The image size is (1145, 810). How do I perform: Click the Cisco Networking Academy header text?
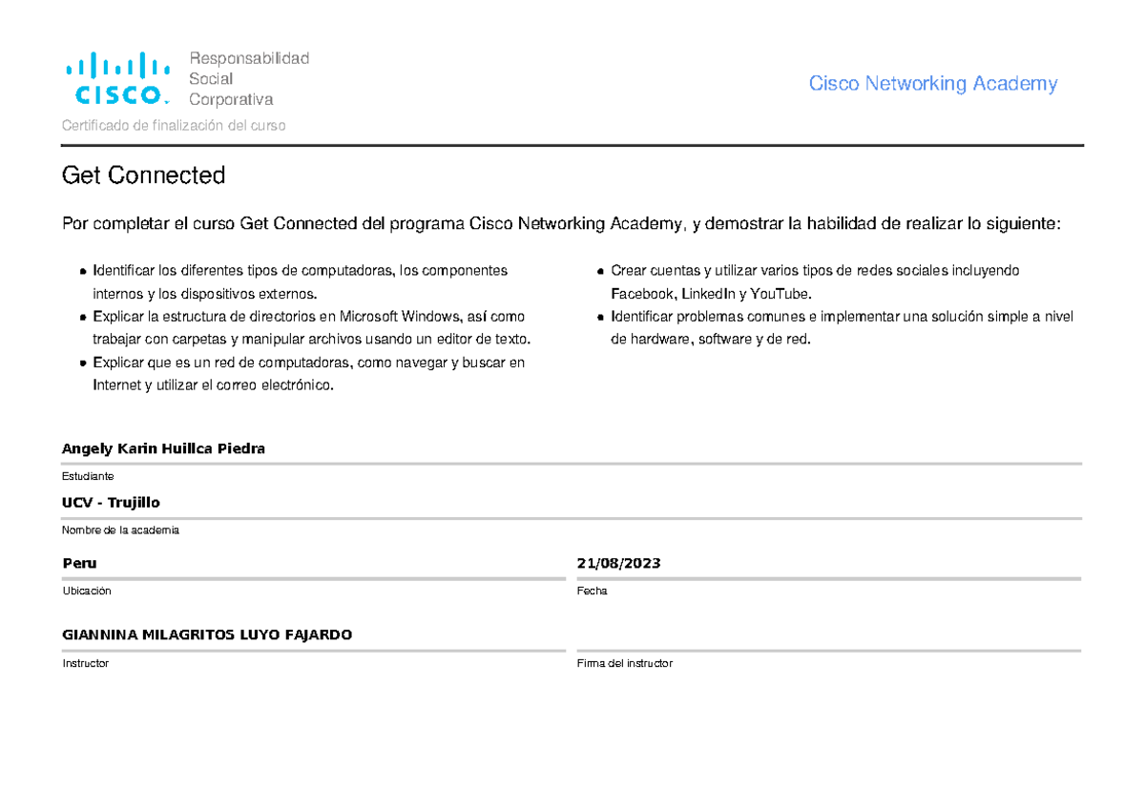[x=932, y=84]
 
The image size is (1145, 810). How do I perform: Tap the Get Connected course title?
[x=143, y=176]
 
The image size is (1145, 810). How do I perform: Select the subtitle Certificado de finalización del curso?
[x=174, y=126]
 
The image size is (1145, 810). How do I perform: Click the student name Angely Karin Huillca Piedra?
[x=163, y=448]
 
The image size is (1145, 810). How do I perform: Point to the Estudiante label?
[x=88, y=476]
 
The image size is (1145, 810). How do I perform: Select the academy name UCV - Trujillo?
[x=111, y=503]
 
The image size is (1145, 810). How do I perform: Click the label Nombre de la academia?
[x=120, y=530]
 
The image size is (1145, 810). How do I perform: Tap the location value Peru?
[x=79, y=563]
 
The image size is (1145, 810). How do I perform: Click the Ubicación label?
[x=87, y=592]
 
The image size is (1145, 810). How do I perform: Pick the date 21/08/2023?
[x=618, y=563]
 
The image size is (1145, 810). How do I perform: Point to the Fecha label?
[x=592, y=592]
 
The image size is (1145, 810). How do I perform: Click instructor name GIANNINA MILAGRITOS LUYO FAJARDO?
[x=207, y=634]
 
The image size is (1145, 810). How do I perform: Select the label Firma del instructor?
[x=624, y=663]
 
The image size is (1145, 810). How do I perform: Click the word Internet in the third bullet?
[x=115, y=385]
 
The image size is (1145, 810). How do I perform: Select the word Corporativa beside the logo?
[x=231, y=100]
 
